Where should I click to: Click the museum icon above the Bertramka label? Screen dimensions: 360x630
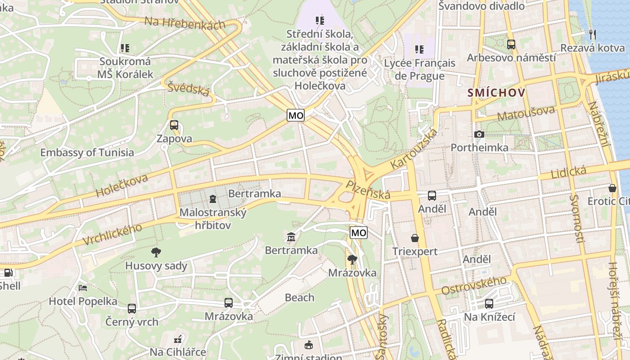tap(291, 237)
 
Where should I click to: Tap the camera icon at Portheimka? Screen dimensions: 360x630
tap(479, 134)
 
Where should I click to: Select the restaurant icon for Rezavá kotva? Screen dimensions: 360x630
tap(593, 34)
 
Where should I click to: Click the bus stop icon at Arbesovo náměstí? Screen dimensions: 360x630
tap(511, 45)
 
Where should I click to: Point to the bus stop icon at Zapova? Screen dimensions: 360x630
tap(174, 125)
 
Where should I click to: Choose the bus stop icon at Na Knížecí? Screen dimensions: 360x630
tap(489, 304)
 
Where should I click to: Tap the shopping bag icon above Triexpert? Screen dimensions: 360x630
tap(414, 238)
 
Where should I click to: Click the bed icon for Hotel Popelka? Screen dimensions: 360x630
tap(83, 288)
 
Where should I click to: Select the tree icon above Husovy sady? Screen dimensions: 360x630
tap(156, 252)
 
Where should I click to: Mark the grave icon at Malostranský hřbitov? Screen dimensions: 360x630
tap(212, 198)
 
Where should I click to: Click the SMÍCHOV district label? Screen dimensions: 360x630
tap(496, 93)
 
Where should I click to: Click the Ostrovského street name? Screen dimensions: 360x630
tap(474, 286)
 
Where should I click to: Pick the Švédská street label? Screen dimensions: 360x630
tap(189, 89)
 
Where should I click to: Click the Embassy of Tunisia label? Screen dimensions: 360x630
tap(87, 153)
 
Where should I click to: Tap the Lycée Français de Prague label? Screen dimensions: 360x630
tap(419, 69)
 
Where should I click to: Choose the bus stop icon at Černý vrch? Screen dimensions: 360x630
tap(132, 309)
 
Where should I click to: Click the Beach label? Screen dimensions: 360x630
tap(300, 297)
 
